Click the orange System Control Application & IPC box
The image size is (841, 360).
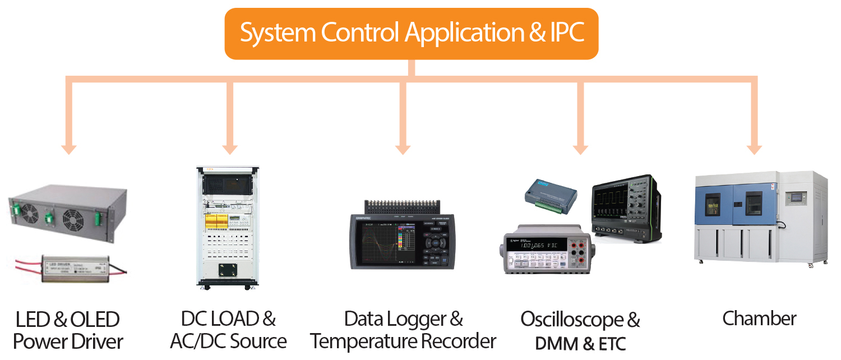(411, 33)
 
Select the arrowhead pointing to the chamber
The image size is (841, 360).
(754, 148)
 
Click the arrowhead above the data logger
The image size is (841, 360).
(403, 148)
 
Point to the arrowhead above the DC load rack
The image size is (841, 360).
(229, 148)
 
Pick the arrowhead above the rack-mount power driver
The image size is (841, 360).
(69, 148)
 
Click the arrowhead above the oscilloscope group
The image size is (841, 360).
(580, 148)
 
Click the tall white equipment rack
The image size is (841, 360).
(228, 227)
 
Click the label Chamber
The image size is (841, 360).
(759, 319)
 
